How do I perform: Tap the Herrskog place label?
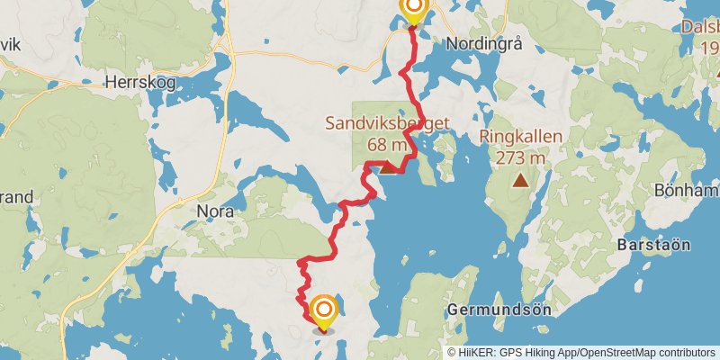point(137,82)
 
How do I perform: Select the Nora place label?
point(214,211)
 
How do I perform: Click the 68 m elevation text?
point(388,143)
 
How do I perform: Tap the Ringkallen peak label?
point(521,138)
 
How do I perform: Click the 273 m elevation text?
point(521,157)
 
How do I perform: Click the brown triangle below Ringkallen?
point(520,179)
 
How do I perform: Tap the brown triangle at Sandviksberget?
point(386,166)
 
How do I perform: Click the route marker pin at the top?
point(413,11)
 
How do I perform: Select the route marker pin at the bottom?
point(323,313)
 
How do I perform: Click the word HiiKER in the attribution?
point(475,353)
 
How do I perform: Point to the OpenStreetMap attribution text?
point(616,353)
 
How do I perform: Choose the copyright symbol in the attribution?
point(452,353)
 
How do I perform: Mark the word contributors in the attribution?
point(687,353)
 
